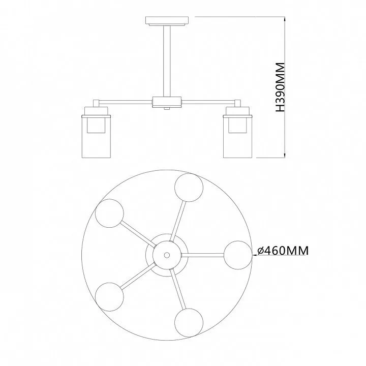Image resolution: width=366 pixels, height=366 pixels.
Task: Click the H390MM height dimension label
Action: pos(280,87)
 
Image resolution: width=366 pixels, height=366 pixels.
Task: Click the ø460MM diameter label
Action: pos(283,251)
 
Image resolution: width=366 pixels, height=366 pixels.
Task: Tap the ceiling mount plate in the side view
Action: pos(167,21)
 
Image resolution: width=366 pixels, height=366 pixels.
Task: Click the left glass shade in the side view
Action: pos(96,136)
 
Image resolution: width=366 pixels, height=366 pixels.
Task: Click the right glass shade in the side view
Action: pos(237,136)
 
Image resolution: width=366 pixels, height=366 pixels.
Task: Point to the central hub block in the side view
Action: pos(167,102)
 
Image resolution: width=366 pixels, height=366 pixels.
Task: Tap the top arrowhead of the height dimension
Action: pos(285,19)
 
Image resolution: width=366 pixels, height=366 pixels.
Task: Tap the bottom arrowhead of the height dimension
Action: pos(285,156)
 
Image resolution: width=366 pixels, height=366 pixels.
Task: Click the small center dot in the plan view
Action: pos(167,255)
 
